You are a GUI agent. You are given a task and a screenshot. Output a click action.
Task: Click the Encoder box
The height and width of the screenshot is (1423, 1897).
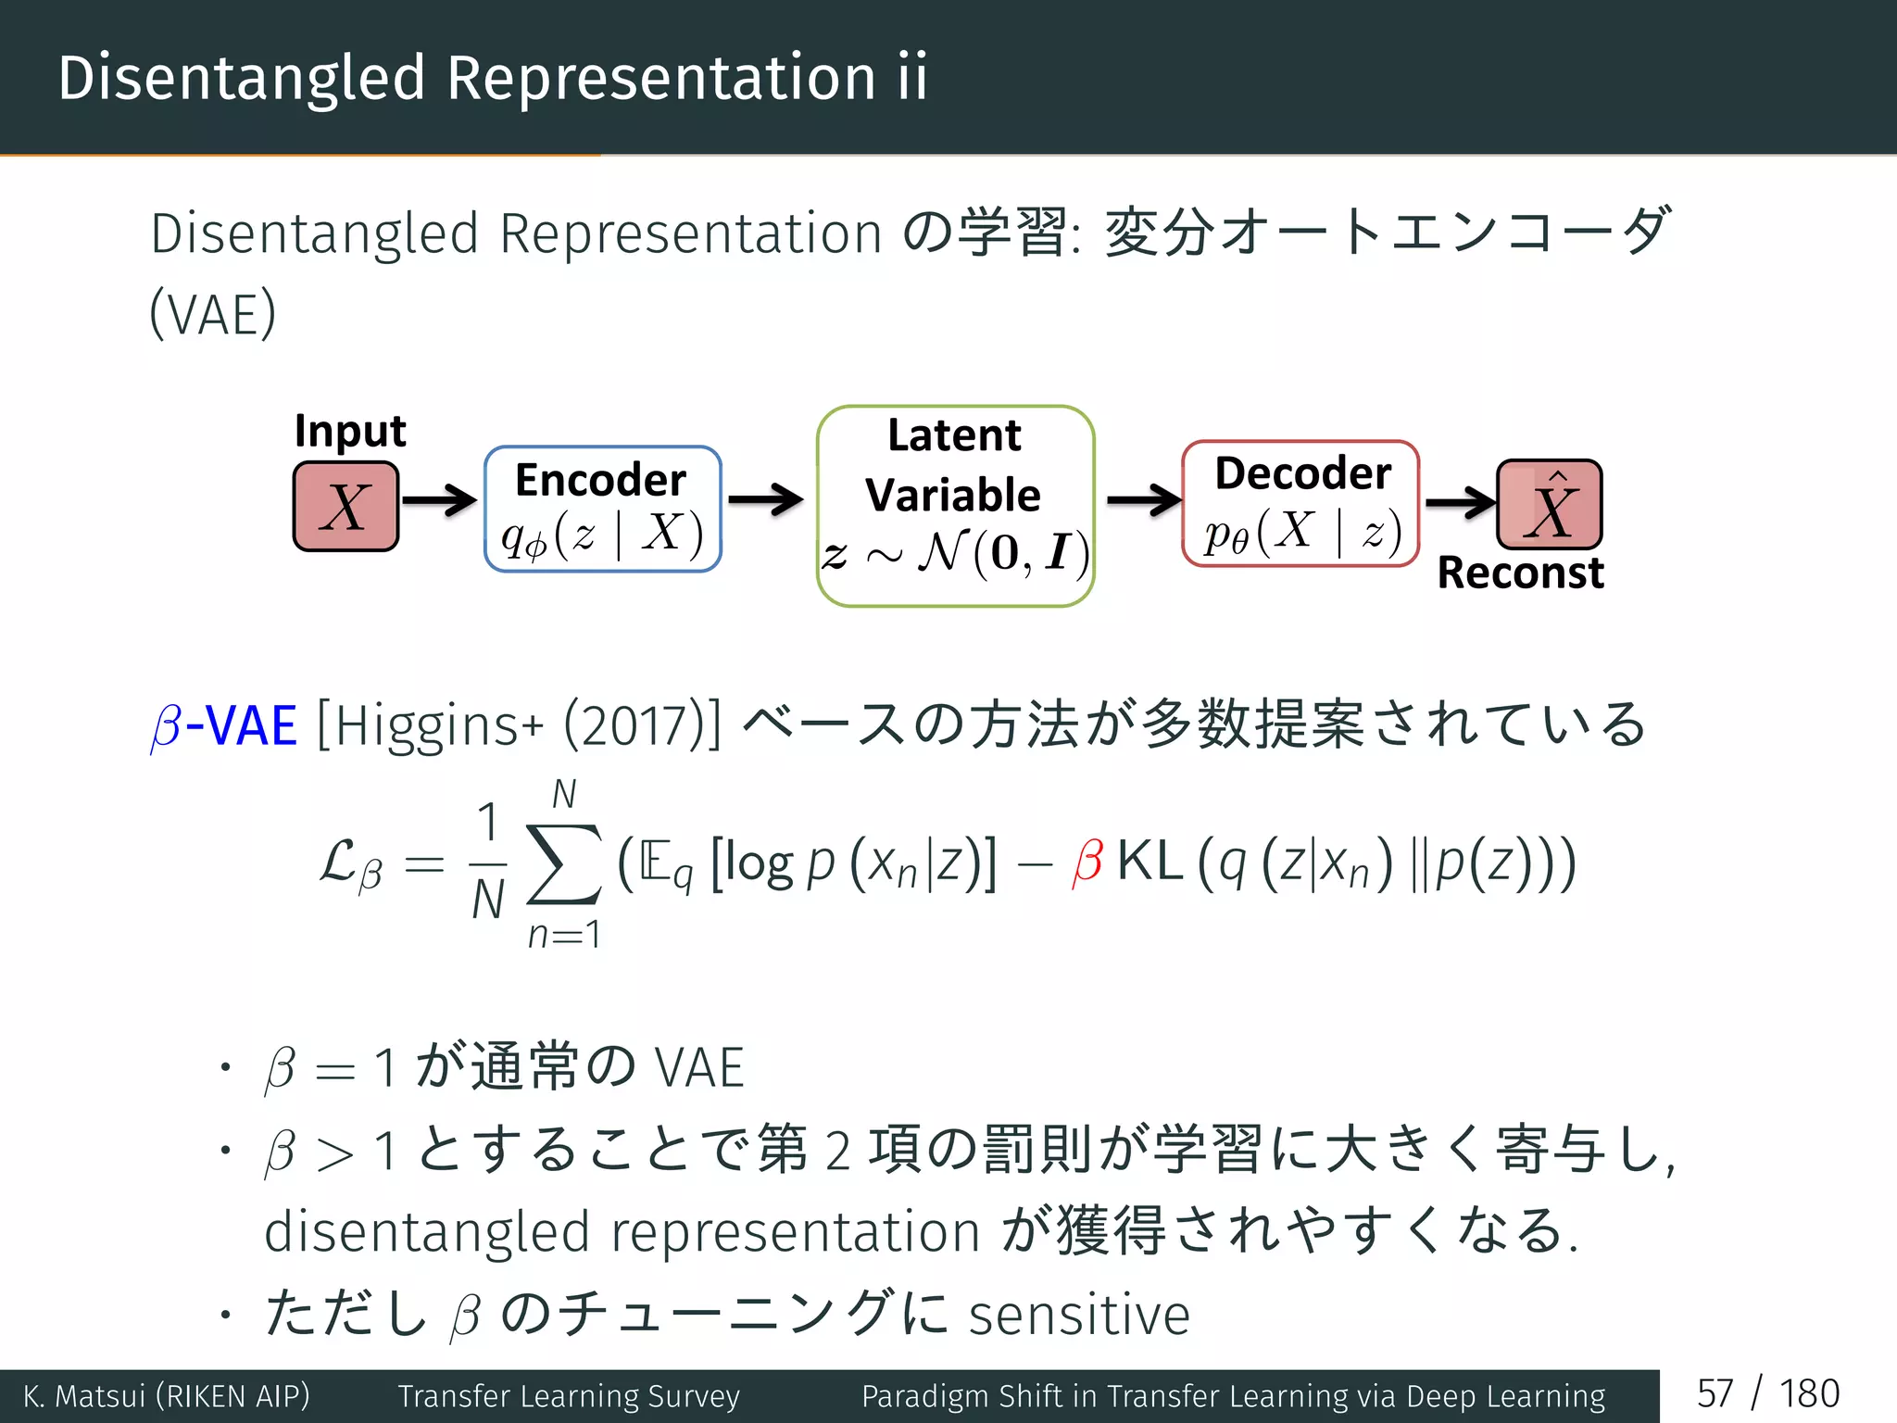tap(602, 509)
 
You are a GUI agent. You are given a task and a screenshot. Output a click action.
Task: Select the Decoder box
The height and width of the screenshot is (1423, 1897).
tap(1300, 504)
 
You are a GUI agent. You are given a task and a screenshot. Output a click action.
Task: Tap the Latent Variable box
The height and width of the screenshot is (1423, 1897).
tap(955, 506)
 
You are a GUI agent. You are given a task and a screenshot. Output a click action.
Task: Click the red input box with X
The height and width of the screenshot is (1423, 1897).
tap(345, 507)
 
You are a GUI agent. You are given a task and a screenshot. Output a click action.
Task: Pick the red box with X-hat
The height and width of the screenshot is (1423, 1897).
tap(1550, 505)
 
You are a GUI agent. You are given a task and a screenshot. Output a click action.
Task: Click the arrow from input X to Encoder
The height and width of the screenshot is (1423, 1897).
tap(439, 500)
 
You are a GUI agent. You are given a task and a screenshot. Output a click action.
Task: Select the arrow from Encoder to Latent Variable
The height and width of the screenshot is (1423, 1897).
tap(765, 500)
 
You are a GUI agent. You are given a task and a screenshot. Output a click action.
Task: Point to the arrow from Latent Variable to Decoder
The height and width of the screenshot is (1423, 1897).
tap(1143, 500)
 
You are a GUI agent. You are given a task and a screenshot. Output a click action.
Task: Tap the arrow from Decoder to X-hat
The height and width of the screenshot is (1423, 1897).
tap(1460, 502)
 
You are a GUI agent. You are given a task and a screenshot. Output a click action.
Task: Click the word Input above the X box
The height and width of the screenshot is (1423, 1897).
tap(350, 432)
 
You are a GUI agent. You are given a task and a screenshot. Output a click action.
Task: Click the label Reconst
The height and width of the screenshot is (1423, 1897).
tap(1520, 573)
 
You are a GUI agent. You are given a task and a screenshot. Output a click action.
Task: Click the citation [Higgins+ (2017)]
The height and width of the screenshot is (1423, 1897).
tap(519, 725)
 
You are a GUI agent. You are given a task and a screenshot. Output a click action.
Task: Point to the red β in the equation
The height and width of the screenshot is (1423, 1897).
tap(1087, 862)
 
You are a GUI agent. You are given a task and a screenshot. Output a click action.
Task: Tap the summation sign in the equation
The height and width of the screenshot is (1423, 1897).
tap(563, 863)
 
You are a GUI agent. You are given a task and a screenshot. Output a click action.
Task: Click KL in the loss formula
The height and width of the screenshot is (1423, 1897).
tap(1150, 862)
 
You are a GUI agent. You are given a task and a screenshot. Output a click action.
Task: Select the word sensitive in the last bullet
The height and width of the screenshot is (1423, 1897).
tap(1079, 1315)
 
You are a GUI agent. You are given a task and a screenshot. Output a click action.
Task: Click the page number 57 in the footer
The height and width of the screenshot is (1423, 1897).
tap(1715, 1394)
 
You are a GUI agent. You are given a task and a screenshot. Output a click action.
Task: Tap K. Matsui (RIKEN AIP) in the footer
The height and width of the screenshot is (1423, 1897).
tap(167, 1396)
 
